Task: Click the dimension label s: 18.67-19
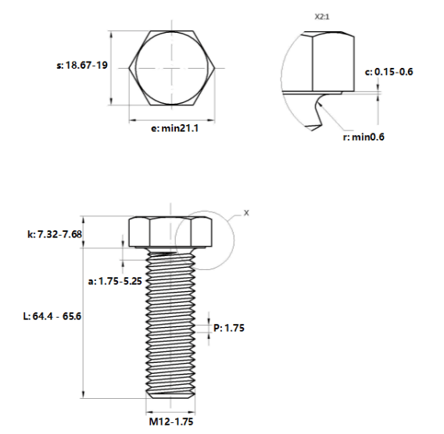tap(82, 66)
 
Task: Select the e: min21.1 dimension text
tap(175, 128)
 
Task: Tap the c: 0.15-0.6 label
tap(388, 72)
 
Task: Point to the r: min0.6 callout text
tap(363, 137)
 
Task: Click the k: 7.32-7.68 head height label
tap(55, 234)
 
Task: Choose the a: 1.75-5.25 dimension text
tap(115, 281)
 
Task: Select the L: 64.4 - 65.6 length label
tap(52, 316)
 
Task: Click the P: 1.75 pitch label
tap(229, 328)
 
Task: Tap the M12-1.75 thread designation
tap(171, 422)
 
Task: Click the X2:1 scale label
tap(322, 16)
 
